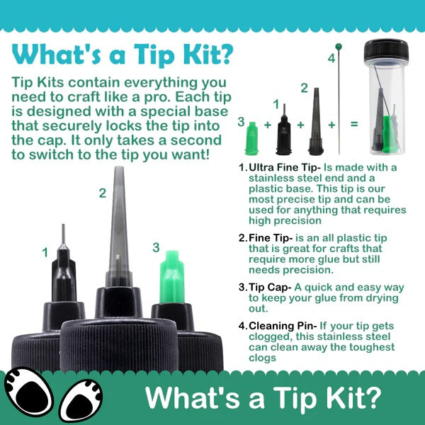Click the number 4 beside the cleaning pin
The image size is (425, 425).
coord(331,58)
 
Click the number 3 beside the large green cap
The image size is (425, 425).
coord(156,247)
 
